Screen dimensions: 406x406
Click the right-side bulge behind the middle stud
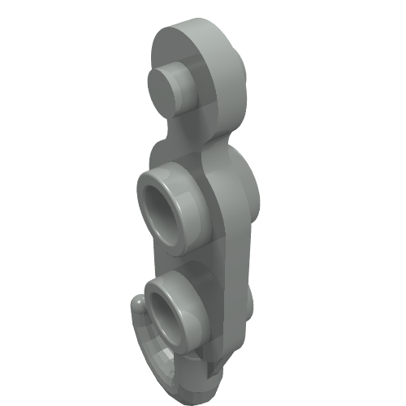[x=248, y=195]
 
